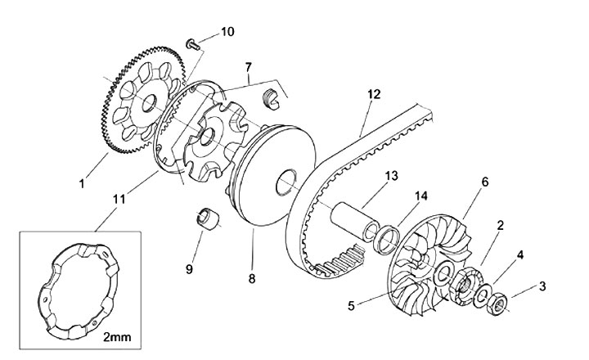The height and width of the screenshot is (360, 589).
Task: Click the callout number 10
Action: coord(227,32)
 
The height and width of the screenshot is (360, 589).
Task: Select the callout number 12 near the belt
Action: coord(373,94)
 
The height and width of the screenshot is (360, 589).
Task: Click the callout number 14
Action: coord(420,196)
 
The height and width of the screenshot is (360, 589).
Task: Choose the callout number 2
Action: coord(499,224)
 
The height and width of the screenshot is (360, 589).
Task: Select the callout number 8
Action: coord(252,278)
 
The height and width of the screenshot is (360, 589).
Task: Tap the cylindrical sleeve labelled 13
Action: coord(355,217)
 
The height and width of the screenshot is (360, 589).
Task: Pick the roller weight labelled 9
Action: coord(210,222)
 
